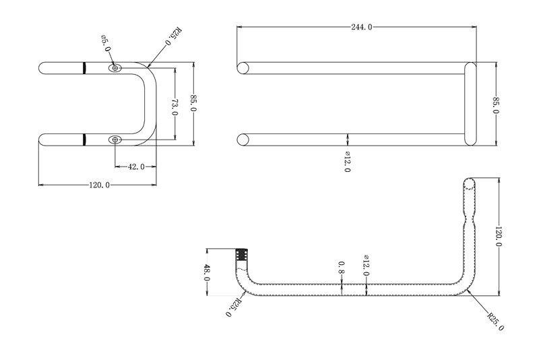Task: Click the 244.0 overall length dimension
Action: (361, 27)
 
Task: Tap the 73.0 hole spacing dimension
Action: (175, 107)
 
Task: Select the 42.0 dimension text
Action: (136, 167)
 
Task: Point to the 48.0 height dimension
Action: (207, 272)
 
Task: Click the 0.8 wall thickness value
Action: (342, 267)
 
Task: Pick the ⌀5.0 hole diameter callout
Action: (106, 43)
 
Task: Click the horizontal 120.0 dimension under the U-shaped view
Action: (99, 185)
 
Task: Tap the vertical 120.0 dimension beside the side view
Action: (499, 236)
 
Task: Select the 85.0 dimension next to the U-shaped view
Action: (193, 102)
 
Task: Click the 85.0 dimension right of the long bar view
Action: (496, 106)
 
